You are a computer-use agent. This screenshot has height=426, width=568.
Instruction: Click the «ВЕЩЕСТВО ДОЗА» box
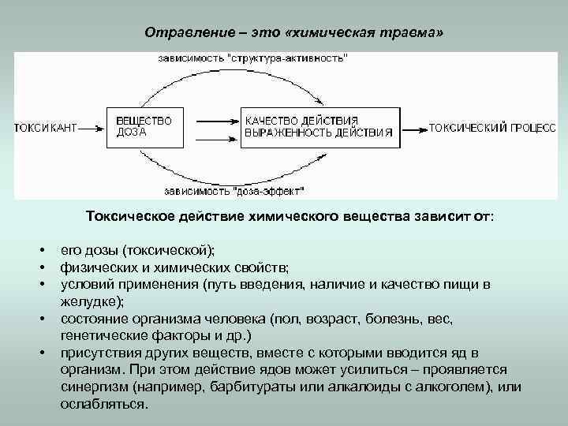tap(145, 126)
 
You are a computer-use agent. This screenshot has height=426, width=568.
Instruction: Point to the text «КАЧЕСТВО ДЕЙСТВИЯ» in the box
tap(301, 120)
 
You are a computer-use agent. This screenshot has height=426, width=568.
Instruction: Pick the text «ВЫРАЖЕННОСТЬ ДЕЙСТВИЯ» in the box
tap(317, 133)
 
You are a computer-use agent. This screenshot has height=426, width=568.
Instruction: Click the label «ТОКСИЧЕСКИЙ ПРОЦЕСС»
tap(492, 127)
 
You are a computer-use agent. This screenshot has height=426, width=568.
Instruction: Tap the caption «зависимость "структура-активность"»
tap(252, 58)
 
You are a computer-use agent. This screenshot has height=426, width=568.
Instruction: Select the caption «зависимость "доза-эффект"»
tap(234, 190)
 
